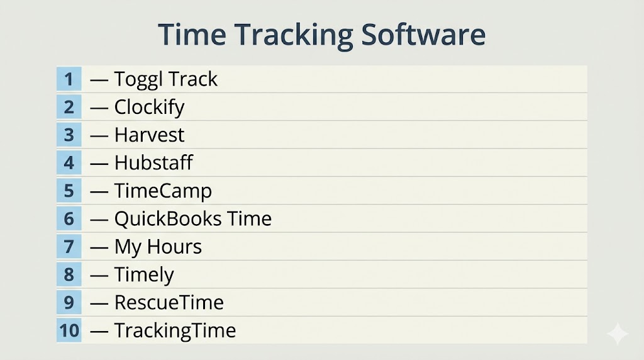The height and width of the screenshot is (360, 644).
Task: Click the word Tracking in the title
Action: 294,35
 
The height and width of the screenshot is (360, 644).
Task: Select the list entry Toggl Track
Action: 166,79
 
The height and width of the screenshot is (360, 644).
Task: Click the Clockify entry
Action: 150,107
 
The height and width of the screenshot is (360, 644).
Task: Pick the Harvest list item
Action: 150,135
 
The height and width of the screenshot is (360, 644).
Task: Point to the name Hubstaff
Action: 153,162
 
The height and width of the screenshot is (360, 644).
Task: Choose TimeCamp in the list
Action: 163,191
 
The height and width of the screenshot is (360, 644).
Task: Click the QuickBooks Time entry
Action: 193,218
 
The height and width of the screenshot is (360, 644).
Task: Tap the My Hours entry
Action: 158,247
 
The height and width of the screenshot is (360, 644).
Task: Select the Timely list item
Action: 144,275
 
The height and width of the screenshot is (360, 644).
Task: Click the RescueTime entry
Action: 169,303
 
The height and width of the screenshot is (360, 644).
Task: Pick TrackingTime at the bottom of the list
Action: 175,331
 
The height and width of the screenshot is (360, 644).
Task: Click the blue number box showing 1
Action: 69,79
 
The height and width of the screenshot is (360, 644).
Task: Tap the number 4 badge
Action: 69,163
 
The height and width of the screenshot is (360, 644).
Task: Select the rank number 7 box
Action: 69,247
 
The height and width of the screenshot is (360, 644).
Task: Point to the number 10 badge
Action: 69,330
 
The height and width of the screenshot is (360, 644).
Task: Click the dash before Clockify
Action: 99,108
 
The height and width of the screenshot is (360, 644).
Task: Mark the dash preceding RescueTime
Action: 99,304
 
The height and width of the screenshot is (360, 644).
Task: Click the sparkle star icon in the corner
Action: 618,334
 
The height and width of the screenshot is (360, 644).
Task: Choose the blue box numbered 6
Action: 69,218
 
